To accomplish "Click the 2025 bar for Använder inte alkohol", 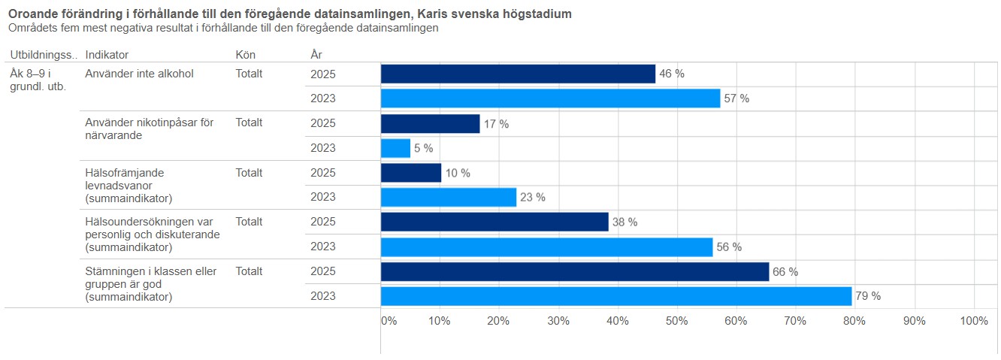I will pos(518,74).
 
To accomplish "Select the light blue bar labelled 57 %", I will pos(550,98).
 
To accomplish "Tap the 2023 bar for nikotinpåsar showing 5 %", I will pos(395,148).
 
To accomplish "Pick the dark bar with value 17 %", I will pos(430,123).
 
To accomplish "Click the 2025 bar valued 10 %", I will pos(411,173).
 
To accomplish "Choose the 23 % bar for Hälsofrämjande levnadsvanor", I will pos(449,197).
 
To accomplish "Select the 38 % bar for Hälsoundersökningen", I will pos(494,222).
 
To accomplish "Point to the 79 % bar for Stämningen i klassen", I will pos(616,296).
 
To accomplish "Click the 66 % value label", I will pos(785,272).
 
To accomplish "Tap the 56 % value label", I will pos(729,247).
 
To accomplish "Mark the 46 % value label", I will pos(672,74).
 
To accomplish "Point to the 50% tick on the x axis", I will pos(677,321).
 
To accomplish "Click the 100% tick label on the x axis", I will pos(974,321).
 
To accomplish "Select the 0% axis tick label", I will pos(389,321).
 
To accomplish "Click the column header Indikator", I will pos(107,55).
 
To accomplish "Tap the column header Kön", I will pos(245,55).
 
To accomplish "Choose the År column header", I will pos(316,55).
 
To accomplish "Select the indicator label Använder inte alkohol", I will pos(140,74).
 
